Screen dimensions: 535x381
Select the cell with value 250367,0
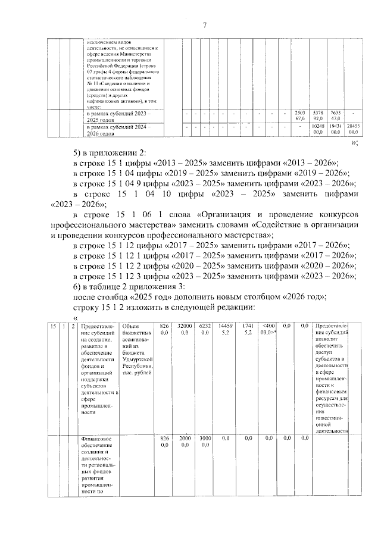pos(300,115)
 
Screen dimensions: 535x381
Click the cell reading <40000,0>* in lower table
pos(268,329)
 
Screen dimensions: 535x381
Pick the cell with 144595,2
pos(226,329)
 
